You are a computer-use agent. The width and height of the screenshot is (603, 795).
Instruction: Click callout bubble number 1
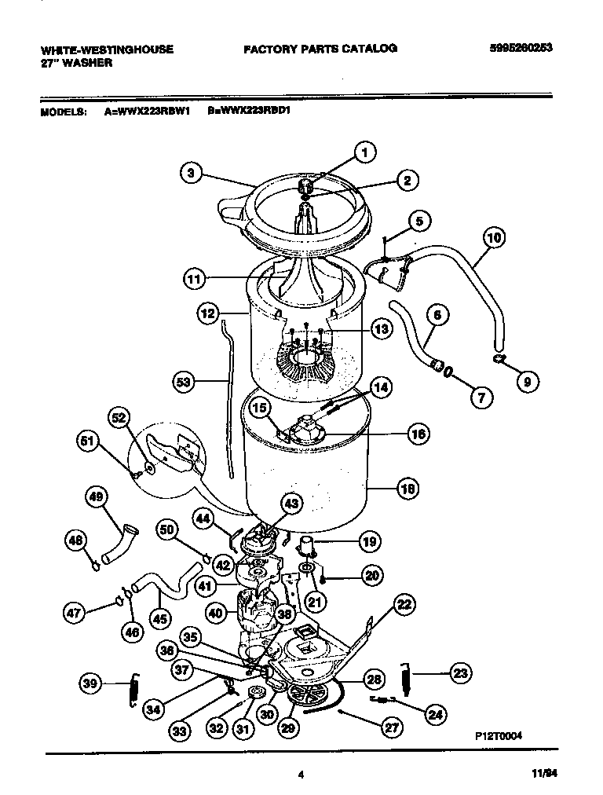pyautogui.click(x=364, y=152)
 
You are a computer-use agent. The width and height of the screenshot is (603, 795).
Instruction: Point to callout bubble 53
pyautogui.click(x=184, y=383)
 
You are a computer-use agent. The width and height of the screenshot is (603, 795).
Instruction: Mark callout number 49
pyautogui.click(x=97, y=496)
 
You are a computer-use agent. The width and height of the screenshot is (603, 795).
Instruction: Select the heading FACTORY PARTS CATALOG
pyautogui.click(x=320, y=49)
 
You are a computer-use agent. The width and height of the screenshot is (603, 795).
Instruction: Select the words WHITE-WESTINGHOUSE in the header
pyautogui.click(x=107, y=49)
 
